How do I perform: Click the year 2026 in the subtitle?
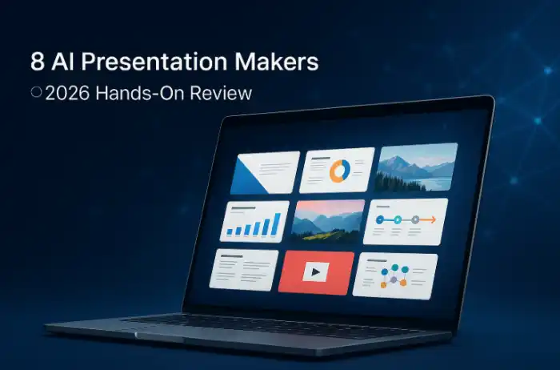pyautogui.click(x=67, y=93)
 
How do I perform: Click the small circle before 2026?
pyautogui.click(x=36, y=93)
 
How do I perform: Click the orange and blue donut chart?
pyautogui.click(x=339, y=170)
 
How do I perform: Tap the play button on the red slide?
pyautogui.click(x=316, y=272)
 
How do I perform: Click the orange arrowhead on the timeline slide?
pyautogui.click(x=431, y=219)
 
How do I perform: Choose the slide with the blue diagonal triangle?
pyautogui.click(x=265, y=172)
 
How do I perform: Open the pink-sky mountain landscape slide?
pyautogui.click(x=329, y=220)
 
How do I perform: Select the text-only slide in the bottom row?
pyautogui.click(x=244, y=268)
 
